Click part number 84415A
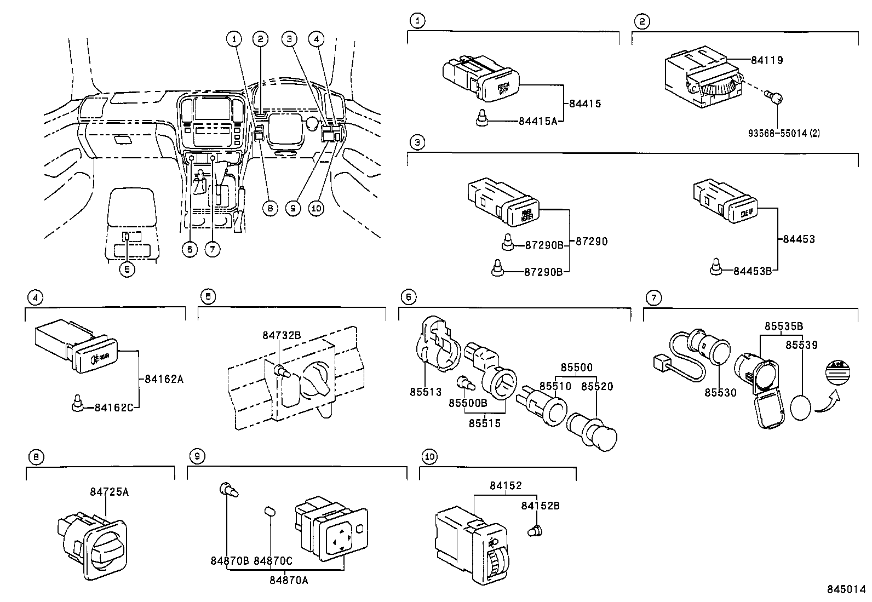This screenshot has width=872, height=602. (537, 121)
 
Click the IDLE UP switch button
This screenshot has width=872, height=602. (744, 211)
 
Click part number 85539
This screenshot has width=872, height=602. (801, 345)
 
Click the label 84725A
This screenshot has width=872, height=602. (109, 492)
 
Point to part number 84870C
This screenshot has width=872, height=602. (273, 561)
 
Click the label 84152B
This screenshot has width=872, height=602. (540, 506)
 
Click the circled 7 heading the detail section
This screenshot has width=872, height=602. (653, 297)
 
